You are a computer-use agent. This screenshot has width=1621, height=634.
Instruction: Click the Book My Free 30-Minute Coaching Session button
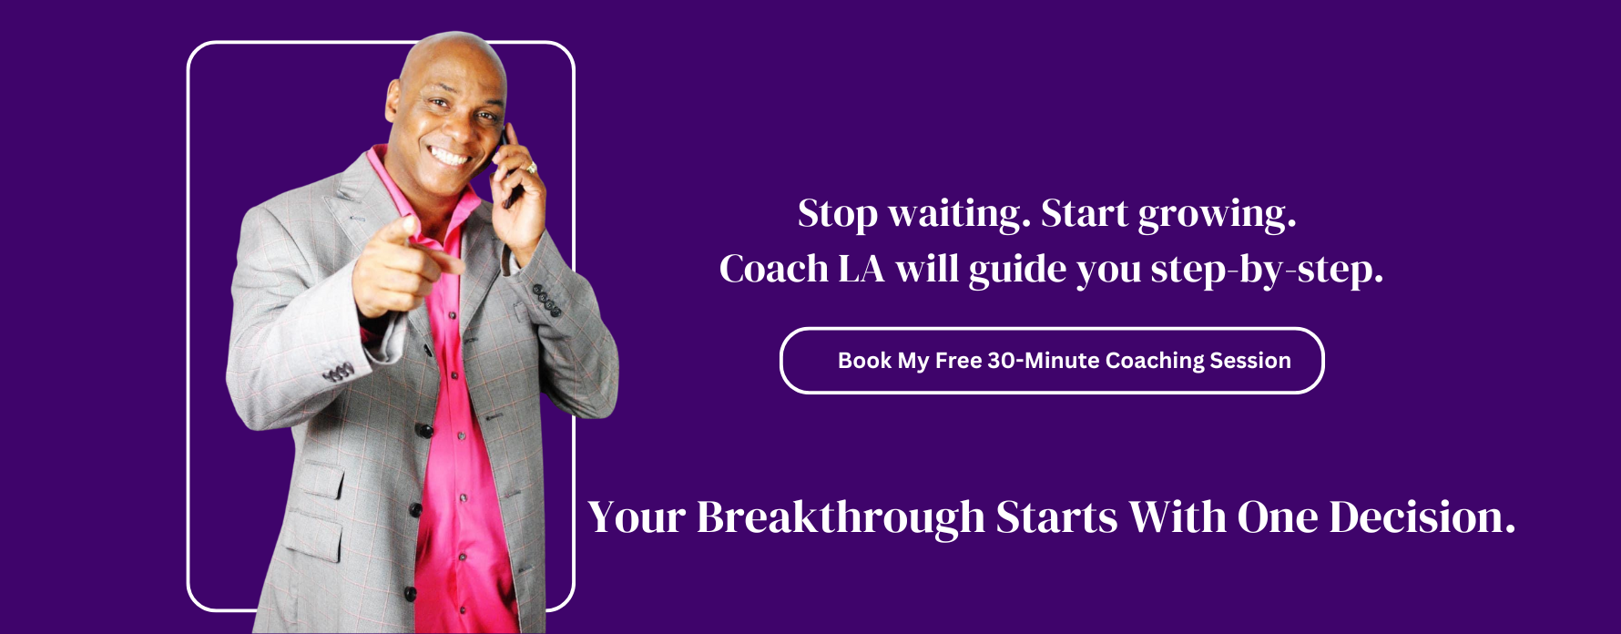(x=1052, y=361)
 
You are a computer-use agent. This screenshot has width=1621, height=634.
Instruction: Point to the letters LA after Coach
(x=861, y=270)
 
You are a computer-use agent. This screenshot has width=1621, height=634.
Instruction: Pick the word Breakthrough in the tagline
(x=841, y=517)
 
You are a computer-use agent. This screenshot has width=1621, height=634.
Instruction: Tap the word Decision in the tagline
(x=1422, y=517)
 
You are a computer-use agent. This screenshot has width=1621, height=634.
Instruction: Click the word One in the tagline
(x=1277, y=518)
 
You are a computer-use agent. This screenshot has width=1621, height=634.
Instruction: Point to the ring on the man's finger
(x=531, y=169)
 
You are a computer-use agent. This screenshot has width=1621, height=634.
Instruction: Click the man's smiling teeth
(x=449, y=154)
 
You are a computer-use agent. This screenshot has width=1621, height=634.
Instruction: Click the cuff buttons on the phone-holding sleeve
(x=546, y=301)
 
